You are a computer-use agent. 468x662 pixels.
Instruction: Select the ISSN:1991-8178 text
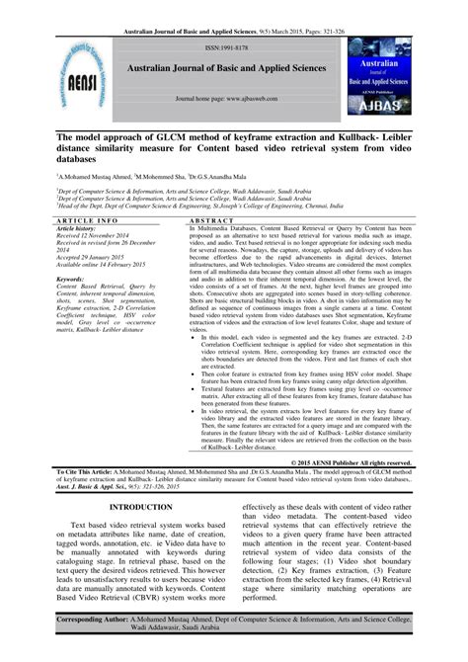[x=233, y=46]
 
